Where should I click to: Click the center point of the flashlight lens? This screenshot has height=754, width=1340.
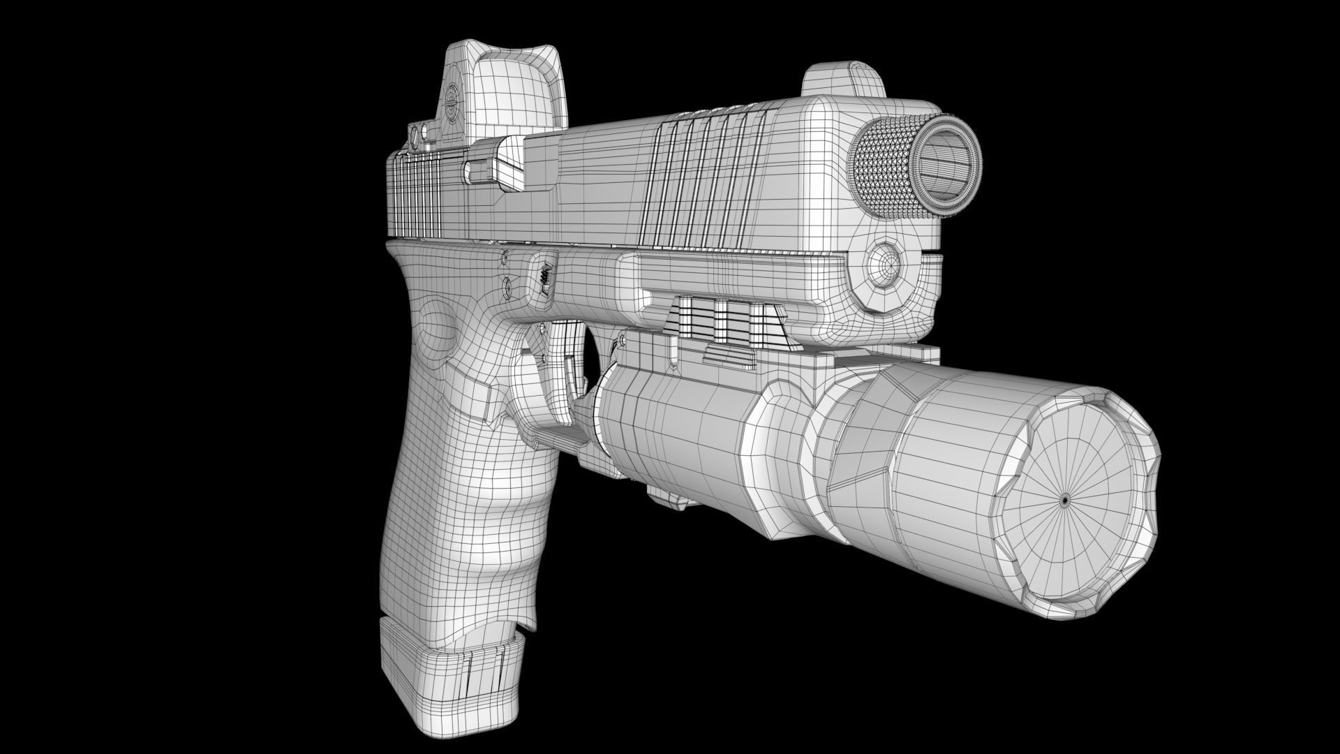pos(1065,500)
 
